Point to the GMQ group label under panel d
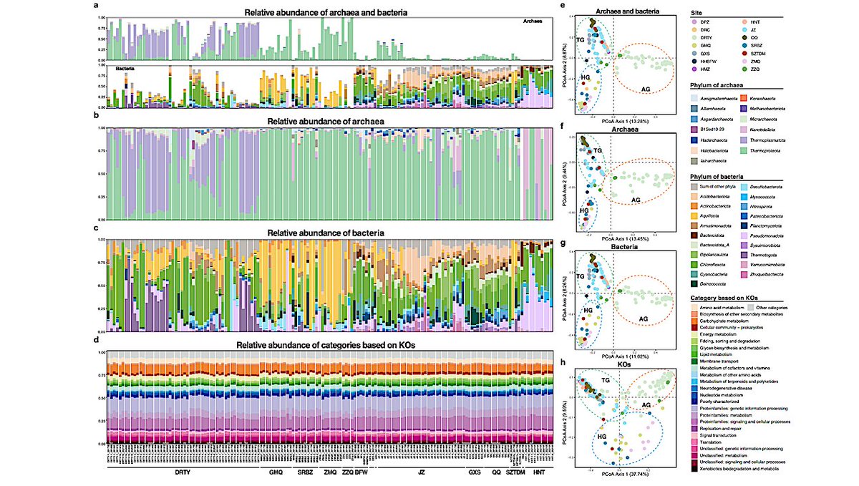tap(276, 473)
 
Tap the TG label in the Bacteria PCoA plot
tap(581, 276)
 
